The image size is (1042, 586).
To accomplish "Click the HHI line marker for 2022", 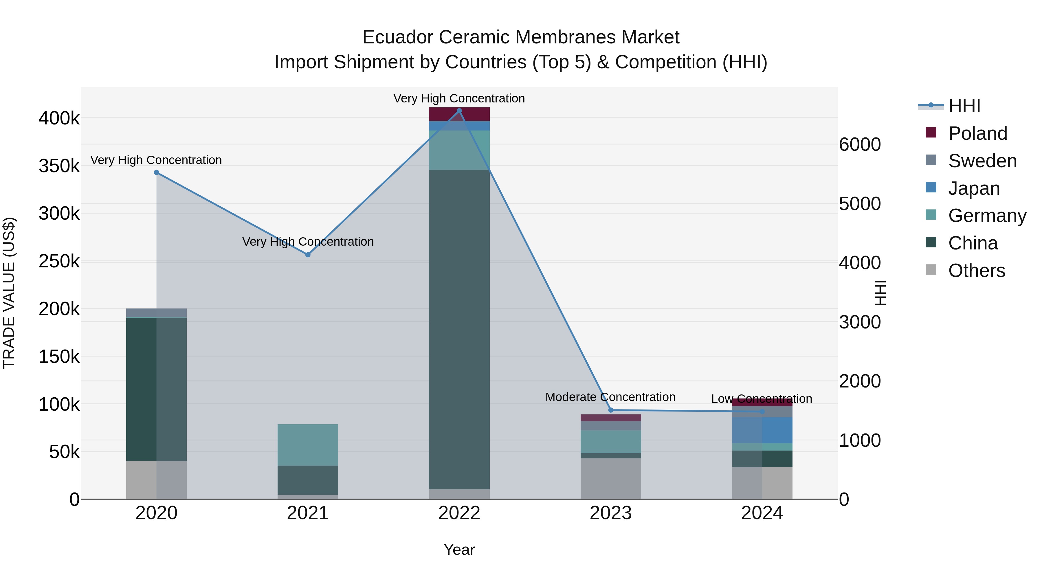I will point(459,111).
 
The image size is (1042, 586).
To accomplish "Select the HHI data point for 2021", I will point(308,255).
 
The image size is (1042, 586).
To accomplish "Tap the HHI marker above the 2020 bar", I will point(157,172).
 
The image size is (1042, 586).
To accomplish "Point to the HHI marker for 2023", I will point(611,410).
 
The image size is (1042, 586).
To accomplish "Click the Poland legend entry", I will point(977,133).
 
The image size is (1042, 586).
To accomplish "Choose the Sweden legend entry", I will point(982,161).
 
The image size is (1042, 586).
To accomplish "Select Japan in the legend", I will point(974,188).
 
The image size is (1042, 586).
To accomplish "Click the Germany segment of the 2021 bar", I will point(308,444).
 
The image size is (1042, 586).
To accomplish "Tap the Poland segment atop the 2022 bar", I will point(459,114).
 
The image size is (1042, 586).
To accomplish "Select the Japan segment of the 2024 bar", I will point(762,430).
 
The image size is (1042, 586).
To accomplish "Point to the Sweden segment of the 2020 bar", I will point(157,313).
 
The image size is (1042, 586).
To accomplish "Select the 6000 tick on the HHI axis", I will point(860,144).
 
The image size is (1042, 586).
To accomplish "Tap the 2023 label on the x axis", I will point(611,513).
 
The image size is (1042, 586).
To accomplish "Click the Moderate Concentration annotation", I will point(610,397).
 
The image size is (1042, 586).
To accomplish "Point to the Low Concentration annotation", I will point(762,399).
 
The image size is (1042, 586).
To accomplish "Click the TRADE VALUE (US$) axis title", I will point(9,293).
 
